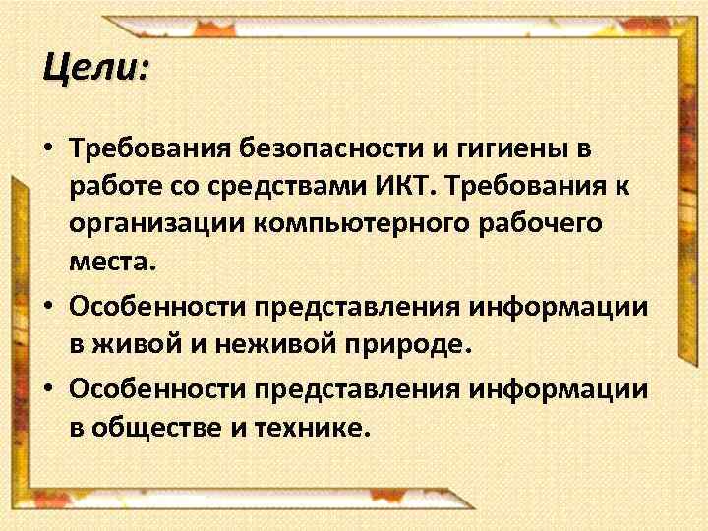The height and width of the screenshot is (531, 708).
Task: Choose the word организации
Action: tap(157, 224)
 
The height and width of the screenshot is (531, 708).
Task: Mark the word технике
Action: tap(319, 427)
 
